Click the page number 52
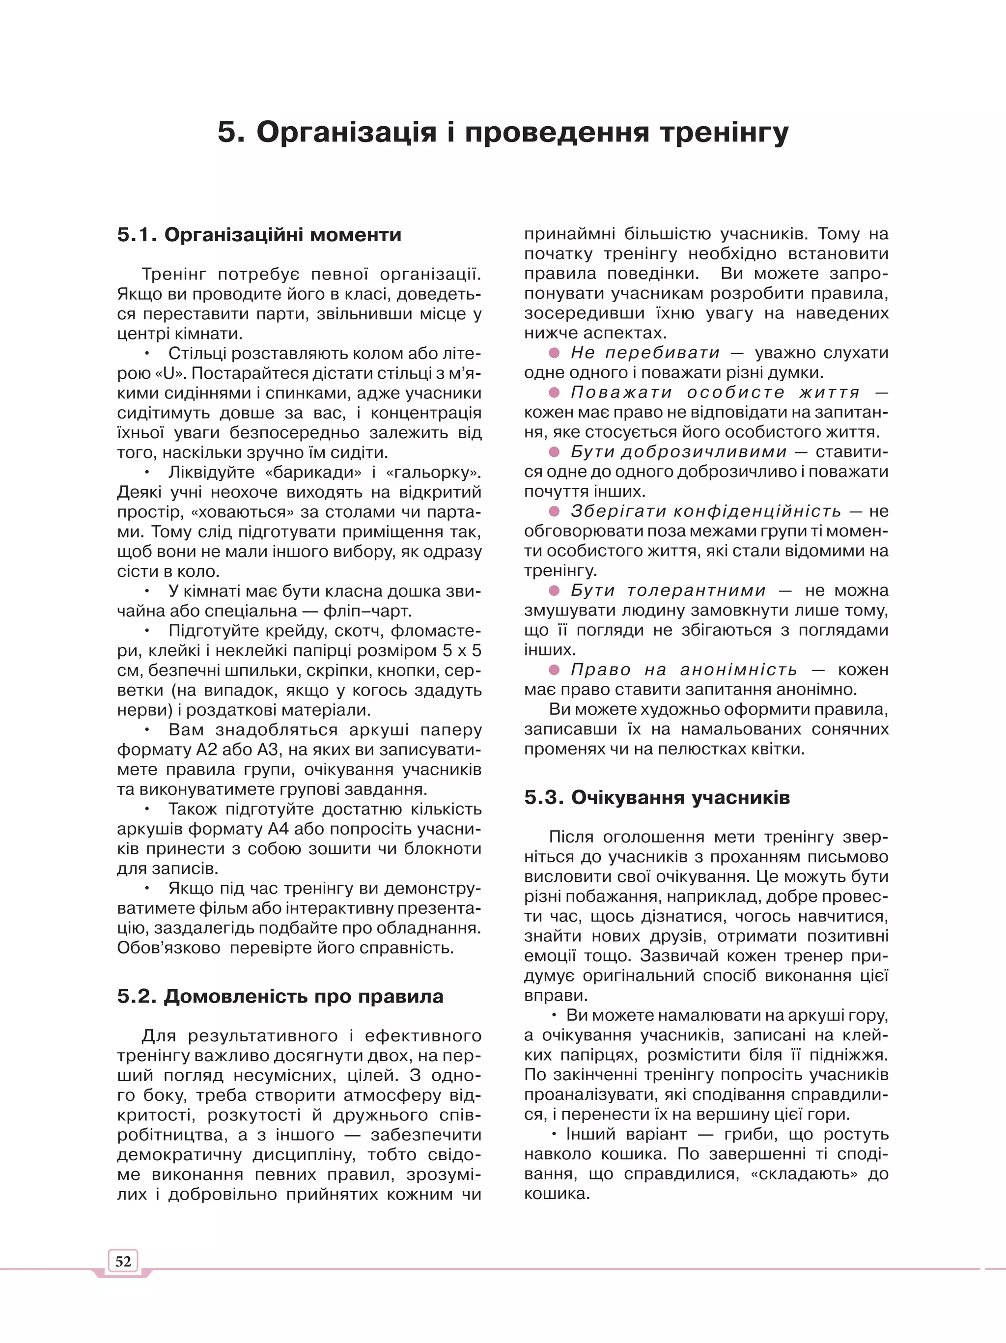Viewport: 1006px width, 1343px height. [x=123, y=1261]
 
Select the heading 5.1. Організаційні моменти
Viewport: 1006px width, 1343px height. [x=259, y=234]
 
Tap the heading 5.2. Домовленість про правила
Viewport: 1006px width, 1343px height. [x=280, y=996]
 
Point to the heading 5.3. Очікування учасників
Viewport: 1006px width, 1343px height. [x=657, y=797]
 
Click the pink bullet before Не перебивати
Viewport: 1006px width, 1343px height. [x=554, y=353]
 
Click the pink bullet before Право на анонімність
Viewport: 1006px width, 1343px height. [x=554, y=670]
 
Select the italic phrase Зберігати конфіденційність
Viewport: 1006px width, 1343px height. [x=705, y=511]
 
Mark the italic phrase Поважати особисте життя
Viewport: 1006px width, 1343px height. [x=715, y=392]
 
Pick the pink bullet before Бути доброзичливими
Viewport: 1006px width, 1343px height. [x=554, y=452]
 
